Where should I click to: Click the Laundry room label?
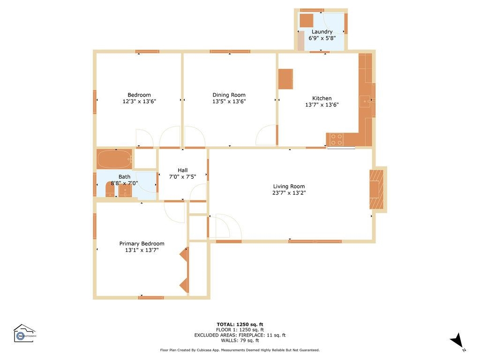[322, 32]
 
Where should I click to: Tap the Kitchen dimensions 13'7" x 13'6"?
[322, 105]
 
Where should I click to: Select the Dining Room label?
[229, 95]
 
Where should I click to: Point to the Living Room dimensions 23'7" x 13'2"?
[289, 193]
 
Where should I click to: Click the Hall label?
[182, 170]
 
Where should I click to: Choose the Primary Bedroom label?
[142, 243]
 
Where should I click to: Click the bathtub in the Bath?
[114, 159]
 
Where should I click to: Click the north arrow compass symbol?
[457, 341]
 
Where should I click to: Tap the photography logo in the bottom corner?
[24, 333]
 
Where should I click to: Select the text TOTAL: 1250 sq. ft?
[240, 324]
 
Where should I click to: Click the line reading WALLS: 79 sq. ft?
[240, 340]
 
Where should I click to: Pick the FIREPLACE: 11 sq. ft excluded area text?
[240, 335]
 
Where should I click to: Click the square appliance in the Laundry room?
[306, 21]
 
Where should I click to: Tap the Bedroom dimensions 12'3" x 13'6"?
[139, 101]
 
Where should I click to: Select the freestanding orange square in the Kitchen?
[285, 79]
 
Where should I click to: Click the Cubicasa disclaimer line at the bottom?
[240, 350]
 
